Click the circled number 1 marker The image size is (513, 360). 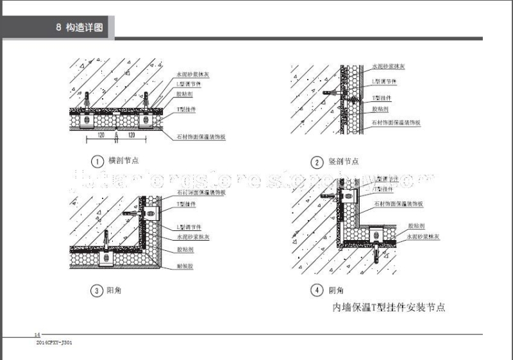click(96, 161)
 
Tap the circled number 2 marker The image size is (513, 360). click(317, 162)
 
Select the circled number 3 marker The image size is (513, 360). click(96, 291)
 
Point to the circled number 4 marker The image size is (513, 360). click(317, 291)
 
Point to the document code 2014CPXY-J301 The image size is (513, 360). click(55, 343)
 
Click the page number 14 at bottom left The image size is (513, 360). click(37, 335)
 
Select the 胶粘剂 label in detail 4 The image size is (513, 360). click(416, 226)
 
